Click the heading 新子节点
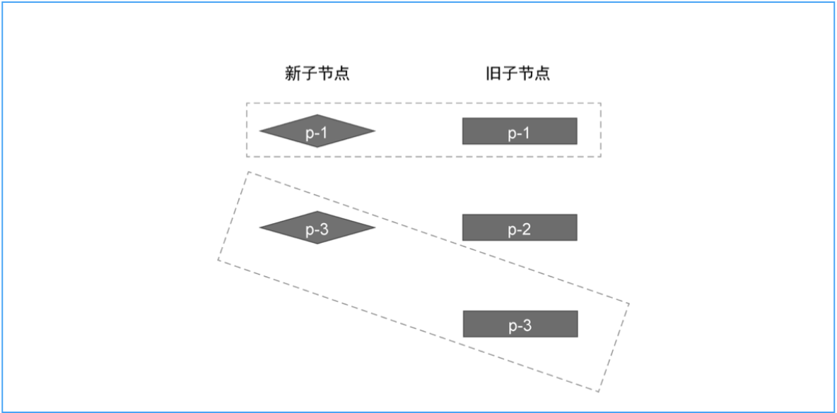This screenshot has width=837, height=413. tap(317, 73)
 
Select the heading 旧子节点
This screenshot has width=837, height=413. tap(517, 73)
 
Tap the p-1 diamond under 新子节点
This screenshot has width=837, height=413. tap(317, 131)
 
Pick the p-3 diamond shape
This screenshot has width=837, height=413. tap(317, 227)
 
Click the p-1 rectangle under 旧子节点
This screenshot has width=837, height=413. tap(520, 131)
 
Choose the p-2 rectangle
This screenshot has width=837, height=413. tap(520, 227)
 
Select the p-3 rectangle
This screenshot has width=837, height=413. tap(520, 324)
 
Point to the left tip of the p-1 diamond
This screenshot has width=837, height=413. tap(260, 131)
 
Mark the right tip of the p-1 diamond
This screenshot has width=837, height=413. tap(375, 131)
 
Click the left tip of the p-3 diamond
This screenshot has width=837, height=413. tap(260, 227)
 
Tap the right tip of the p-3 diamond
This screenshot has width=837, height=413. tap(375, 227)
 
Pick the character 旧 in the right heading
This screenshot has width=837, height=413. tap(493, 73)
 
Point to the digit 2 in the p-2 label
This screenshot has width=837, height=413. tap(527, 230)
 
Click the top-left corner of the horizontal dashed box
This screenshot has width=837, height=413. tap(247, 103)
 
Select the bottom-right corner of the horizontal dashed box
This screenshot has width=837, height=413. tap(601, 156)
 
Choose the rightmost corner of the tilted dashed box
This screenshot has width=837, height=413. tap(628, 303)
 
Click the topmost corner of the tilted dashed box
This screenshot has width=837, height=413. tap(248, 172)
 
